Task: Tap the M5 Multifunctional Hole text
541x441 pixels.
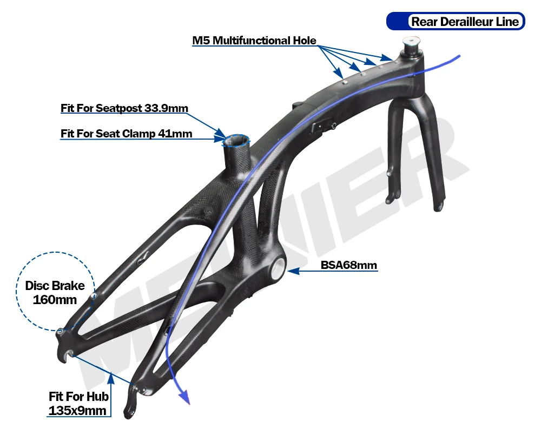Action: pyautogui.click(x=254, y=41)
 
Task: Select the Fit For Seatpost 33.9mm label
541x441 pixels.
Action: pyautogui.click(x=124, y=108)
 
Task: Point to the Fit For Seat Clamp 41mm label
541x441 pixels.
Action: pyautogui.click(x=126, y=133)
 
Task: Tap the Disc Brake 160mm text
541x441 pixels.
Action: pyautogui.click(x=55, y=292)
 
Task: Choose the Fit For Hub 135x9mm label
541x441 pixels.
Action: pyautogui.click(x=78, y=404)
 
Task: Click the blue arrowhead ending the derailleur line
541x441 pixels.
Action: pyautogui.click(x=186, y=399)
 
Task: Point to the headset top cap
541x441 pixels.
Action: pyautogui.click(x=410, y=43)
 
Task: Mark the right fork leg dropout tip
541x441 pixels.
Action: pyautogui.click(x=440, y=208)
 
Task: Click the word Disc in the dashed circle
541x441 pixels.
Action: pyautogui.click(x=39, y=286)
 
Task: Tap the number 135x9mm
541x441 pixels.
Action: pyautogui.click(x=77, y=411)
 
